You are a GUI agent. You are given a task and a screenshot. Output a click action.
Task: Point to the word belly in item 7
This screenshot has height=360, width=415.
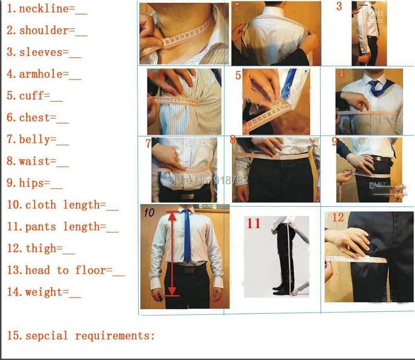tap(34, 140)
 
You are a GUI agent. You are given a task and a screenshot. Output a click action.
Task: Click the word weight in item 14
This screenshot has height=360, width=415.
tap(46, 292)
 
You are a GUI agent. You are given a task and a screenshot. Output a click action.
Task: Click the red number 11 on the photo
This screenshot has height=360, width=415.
tap(254, 224)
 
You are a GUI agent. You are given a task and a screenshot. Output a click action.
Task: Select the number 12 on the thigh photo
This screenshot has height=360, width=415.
tap(338, 217)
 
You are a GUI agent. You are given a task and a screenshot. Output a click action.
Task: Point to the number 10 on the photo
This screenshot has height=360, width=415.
tap(149, 213)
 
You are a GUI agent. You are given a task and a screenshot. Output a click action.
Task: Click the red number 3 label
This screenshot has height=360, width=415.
tap(339, 7)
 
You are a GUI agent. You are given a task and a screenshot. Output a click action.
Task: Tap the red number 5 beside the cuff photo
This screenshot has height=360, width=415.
tap(238, 76)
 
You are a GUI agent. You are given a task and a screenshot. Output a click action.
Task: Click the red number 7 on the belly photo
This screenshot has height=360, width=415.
tap(148, 144)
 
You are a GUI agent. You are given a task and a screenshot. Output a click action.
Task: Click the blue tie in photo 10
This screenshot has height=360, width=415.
tap(187, 237)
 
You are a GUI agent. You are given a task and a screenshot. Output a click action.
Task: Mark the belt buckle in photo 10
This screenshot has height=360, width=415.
tap(189, 269)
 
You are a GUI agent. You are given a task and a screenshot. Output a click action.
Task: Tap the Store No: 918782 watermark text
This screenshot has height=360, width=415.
tap(207, 180)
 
